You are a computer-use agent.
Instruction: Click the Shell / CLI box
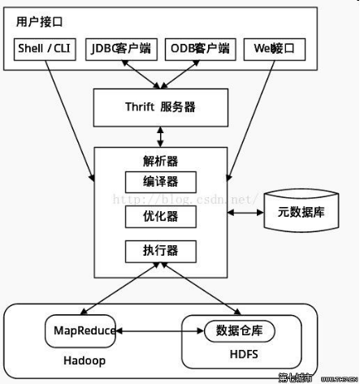pyautogui.click(x=45, y=49)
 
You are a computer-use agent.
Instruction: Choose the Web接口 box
pyautogui.click(x=274, y=49)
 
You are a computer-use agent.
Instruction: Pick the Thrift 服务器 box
pyautogui.click(x=160, y=106)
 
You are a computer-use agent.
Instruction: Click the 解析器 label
pyautogui.click(x=160, y=159)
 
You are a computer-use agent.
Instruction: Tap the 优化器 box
pyautogui.click(x=160, y=216)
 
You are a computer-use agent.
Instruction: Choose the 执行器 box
pyautogui.click(x=160, y=251)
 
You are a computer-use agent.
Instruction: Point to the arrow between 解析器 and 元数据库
pyautogui.click(x=243, y=213)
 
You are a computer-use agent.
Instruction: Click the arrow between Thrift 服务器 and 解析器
pyautogui.click(x=160, y=135)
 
